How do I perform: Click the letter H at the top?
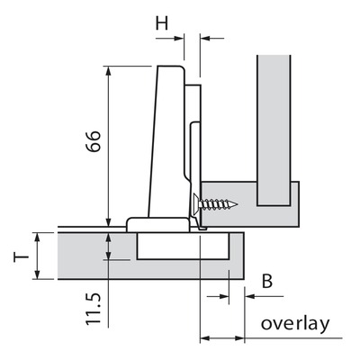(162, 22)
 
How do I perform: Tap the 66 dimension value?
(93, 141)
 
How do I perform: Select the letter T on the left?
(21, 256)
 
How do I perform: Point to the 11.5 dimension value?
(93, 309)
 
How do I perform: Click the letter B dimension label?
(267, 282)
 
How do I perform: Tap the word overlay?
(295, 324)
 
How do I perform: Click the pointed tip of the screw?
(237, 205)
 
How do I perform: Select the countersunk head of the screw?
(196, 204)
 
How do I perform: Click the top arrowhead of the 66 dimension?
(108, 70)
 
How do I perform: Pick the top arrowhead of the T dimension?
(37, 238)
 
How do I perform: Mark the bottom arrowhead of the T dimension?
(37, 274)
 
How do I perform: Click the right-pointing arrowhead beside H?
(179, 38)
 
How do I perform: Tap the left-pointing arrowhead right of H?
(204, 38)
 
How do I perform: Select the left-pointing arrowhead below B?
(249, 296)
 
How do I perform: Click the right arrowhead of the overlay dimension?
(239, 338)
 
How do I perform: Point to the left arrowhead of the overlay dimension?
(204, 338)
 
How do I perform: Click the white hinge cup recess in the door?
(183, 246)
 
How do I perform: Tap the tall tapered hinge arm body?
(166, 141)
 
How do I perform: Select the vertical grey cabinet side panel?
(274, 130)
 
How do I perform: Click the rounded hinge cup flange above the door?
(158, 224)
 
